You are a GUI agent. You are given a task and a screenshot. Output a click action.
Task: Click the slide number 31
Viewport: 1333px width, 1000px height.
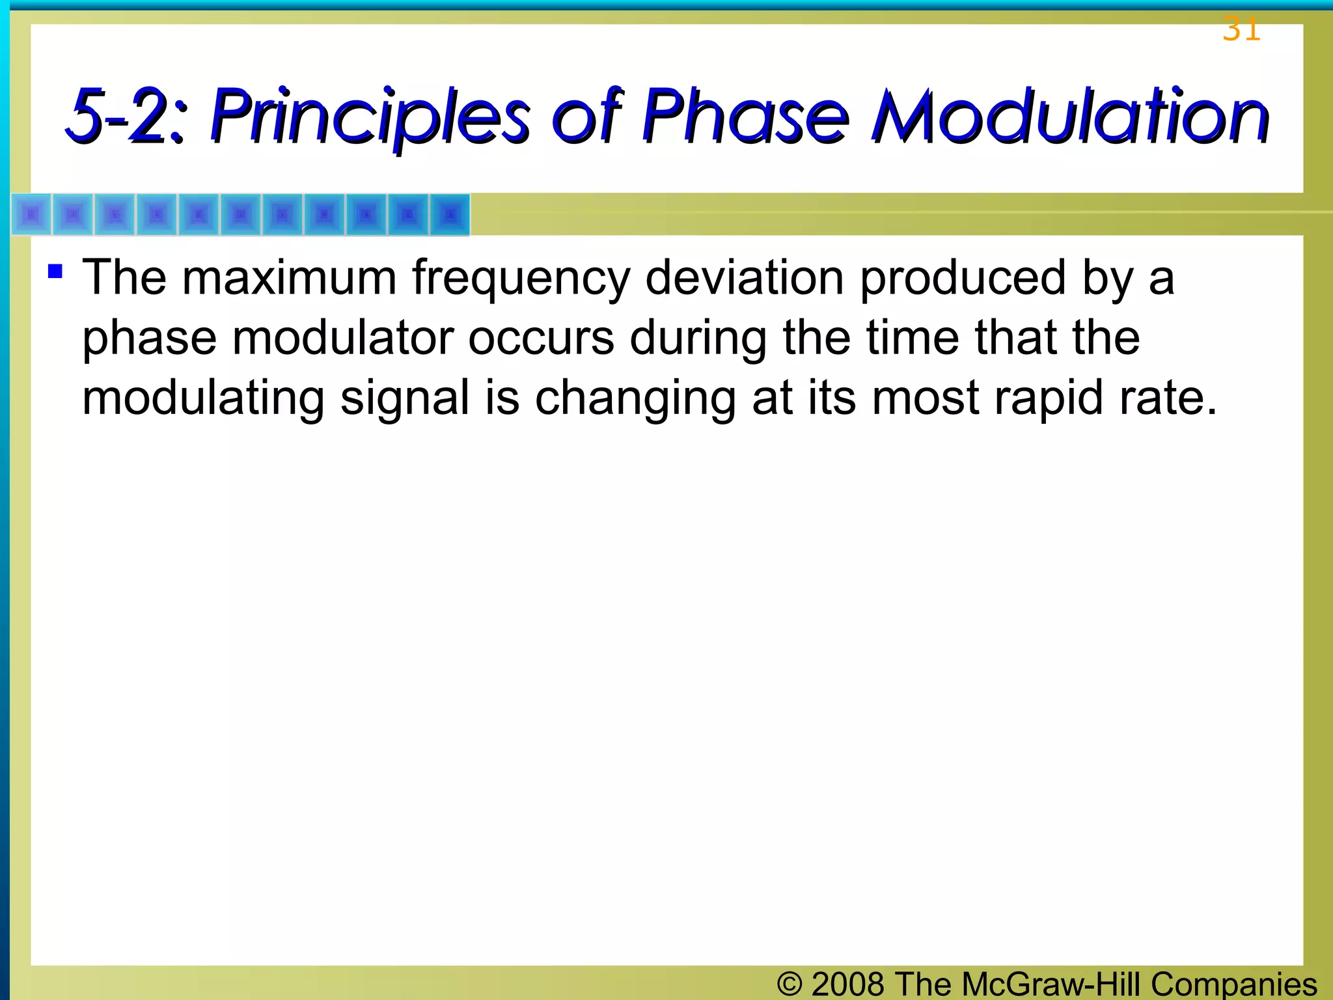1241,30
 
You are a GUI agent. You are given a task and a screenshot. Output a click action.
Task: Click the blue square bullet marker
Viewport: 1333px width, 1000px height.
55,270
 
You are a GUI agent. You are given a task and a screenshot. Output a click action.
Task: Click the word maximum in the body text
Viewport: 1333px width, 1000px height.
289,279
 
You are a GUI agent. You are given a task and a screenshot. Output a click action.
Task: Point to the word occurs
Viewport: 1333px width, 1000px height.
541,339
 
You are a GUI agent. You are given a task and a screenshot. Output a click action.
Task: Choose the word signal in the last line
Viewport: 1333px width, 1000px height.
404,399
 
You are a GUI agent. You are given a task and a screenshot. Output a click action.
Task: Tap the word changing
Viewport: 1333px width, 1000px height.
635,399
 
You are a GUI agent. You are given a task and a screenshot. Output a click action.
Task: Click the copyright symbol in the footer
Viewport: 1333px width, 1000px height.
790,984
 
